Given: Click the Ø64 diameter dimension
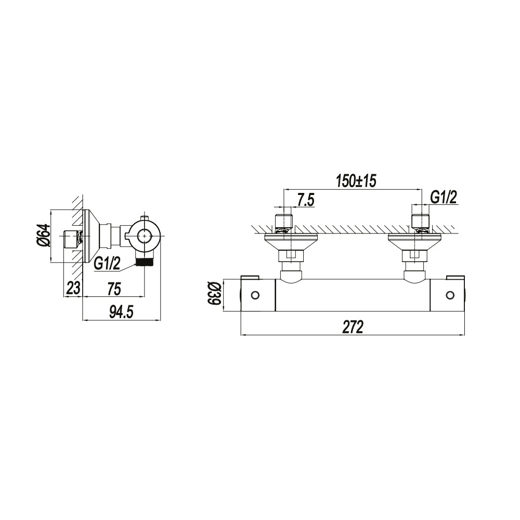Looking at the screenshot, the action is (44, 236).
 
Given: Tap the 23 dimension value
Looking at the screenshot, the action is (73, 288).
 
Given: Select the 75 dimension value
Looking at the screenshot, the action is (114, 288).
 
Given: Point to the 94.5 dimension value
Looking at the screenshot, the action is (121, 312).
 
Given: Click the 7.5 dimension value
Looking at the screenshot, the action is (305, 201).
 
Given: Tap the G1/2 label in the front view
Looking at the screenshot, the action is (444, 198).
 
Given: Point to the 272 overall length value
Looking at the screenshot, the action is (353, 327).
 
